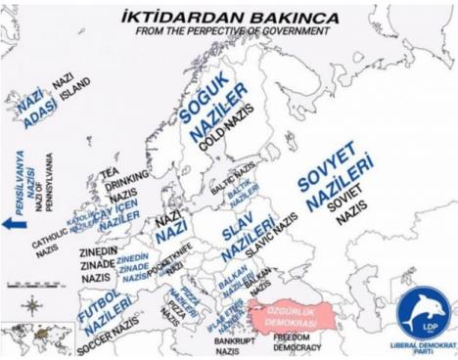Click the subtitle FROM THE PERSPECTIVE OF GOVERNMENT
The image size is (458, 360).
click(x=230, y=31)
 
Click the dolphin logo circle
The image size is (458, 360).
click(x=423, y=314)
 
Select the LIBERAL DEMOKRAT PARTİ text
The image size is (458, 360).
click(x=423, y=347)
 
